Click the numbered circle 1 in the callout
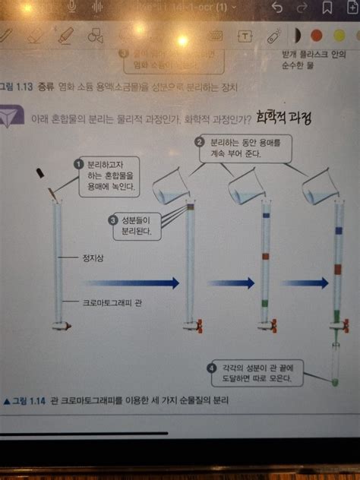(x=77, y=164)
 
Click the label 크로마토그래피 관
(x=112, y=302)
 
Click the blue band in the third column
(x=265, y=216)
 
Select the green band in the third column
(x=265, y=302)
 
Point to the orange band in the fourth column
(x=338, y=269)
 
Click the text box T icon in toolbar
(x=245, y=36)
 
